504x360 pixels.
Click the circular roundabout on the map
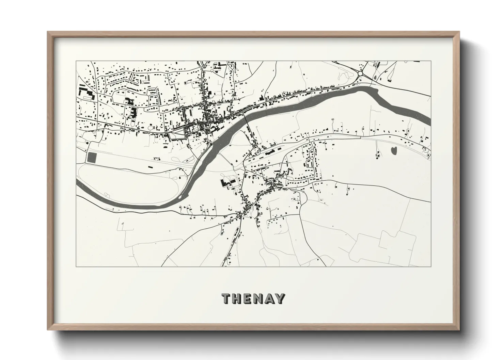pos(361,73)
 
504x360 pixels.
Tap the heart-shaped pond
pos(394,150)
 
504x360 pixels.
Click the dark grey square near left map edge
pos(92,157)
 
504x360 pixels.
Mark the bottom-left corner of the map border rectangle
pos(76,266)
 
